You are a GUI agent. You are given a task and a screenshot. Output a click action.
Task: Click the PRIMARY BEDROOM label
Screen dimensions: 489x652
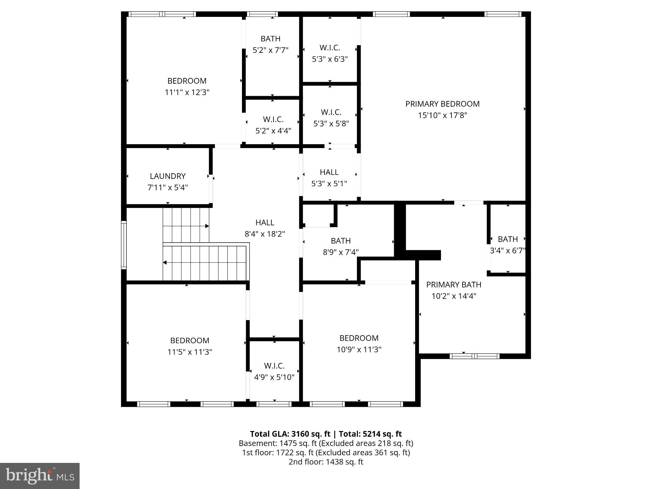(442, 104)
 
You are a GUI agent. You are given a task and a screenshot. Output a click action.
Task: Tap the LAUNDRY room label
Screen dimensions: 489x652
(167, 176)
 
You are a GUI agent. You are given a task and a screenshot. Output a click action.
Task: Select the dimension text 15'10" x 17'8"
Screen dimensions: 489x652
(442, 115)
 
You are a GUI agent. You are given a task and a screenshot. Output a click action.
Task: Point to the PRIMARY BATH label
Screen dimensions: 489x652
(454, 285)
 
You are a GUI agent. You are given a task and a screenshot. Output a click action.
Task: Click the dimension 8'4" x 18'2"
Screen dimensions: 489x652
(265, 234)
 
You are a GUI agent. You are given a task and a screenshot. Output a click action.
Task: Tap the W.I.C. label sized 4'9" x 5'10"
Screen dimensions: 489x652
(274, 366)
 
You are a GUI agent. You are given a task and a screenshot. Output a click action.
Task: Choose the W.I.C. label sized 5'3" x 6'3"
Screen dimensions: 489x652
(330, 48)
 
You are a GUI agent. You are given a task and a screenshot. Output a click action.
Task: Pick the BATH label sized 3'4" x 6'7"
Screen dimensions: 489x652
(507, 239)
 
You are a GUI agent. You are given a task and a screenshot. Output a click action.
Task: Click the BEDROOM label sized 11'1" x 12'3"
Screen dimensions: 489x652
(187, 81)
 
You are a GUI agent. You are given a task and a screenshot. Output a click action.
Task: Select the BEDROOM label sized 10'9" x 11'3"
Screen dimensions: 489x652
(359, 338)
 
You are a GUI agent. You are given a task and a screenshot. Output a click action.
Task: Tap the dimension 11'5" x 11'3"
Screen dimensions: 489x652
(190, 352)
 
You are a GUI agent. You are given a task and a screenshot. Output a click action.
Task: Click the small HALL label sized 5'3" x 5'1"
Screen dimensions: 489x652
(329, 172)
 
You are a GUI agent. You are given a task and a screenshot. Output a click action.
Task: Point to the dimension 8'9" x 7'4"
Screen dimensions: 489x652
(341, 252)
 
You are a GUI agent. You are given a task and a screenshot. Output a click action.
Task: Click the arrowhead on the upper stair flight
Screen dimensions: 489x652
(207, 226)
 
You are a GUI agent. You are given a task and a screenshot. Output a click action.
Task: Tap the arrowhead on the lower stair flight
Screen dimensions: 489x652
(165, 263)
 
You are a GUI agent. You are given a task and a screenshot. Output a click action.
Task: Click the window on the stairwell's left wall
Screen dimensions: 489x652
(124, 245)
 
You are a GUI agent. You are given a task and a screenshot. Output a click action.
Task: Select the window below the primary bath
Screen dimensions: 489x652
(474, 356)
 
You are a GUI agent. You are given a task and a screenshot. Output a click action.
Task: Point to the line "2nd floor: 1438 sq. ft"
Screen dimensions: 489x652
(326, 462)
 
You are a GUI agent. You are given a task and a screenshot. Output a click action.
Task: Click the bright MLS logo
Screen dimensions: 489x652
(40, 476)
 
